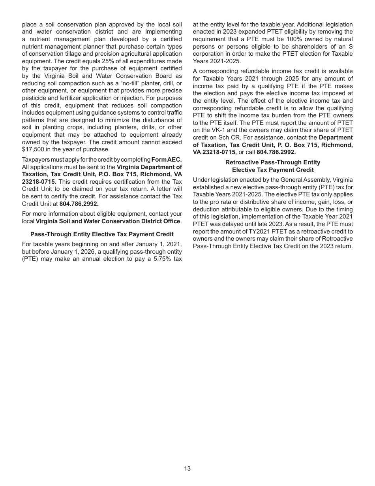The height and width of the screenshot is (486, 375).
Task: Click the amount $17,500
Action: coord(33,150)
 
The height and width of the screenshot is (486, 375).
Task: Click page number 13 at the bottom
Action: coord(187,469)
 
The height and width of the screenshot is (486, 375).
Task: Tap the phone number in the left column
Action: coord(79,204)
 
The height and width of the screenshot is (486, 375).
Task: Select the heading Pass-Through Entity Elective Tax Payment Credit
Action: coord(102,234)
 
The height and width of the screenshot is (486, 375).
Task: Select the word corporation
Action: coord(208,54)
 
